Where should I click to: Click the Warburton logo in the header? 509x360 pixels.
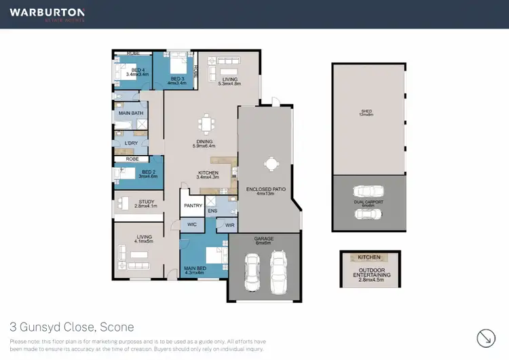[x=47, y=14]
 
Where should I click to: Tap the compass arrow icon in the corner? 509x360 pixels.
[x=485, y=337]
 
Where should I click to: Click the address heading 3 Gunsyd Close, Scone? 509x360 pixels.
[x=71, y=327]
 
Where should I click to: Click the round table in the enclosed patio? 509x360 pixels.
[x=271, y=164]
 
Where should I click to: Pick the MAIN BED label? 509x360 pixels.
[x=195, y=269]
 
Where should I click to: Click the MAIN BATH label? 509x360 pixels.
[x=132, y=113]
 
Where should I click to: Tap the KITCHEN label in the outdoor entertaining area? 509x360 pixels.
[x=369, y=257]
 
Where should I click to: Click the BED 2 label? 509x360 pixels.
[x=148, y=173]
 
